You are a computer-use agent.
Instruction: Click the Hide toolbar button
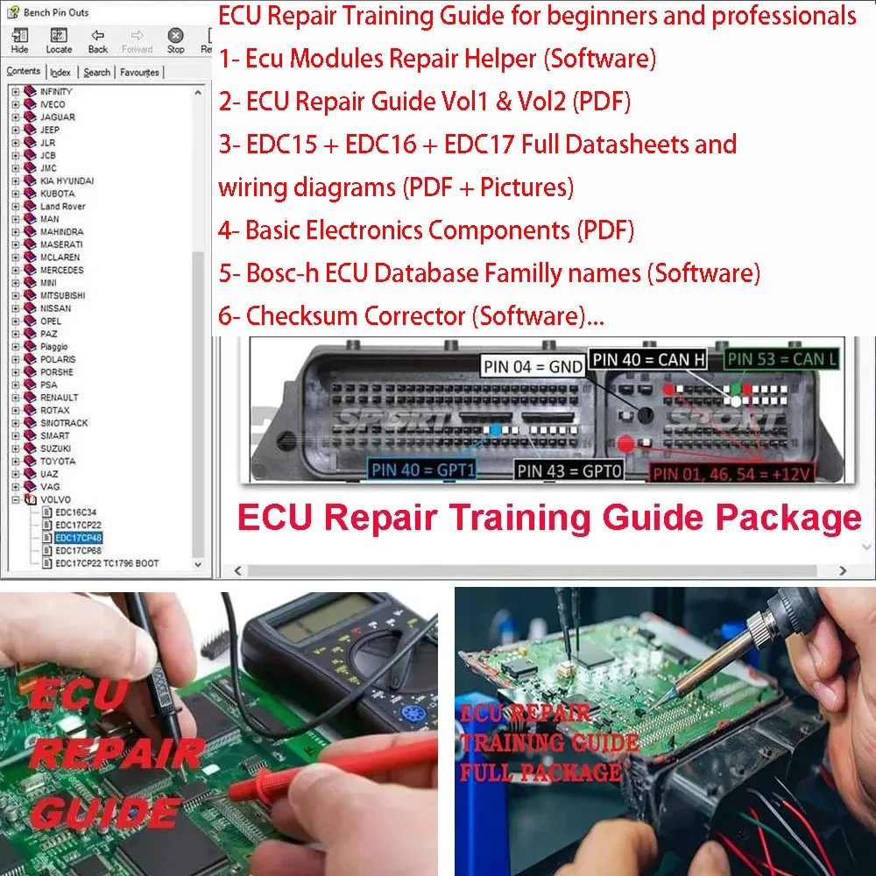(x=19, y=40)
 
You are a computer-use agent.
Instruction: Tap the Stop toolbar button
(x=175, y=40)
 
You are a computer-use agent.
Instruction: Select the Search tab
(x=97, y=73)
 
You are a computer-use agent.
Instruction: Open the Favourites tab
(x=139, y=73)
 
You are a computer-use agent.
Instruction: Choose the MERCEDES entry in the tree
(x=61, y=270)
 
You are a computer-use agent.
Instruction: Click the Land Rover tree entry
(x=62, y=206)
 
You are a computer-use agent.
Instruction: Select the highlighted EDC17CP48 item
(x=79, y=538)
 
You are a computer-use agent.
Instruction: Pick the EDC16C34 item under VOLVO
(x=76, y=512)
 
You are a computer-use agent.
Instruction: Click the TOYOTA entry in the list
(x=58, y=461)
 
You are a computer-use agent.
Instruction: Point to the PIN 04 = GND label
(x=533, y=366)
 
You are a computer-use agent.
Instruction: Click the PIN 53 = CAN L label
(x=782, y=358)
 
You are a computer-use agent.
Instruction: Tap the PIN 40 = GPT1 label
(x=422, y=470)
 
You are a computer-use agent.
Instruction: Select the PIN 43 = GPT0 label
(x=569, y=470)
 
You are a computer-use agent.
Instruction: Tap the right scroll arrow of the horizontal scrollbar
(x=843, y=571)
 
